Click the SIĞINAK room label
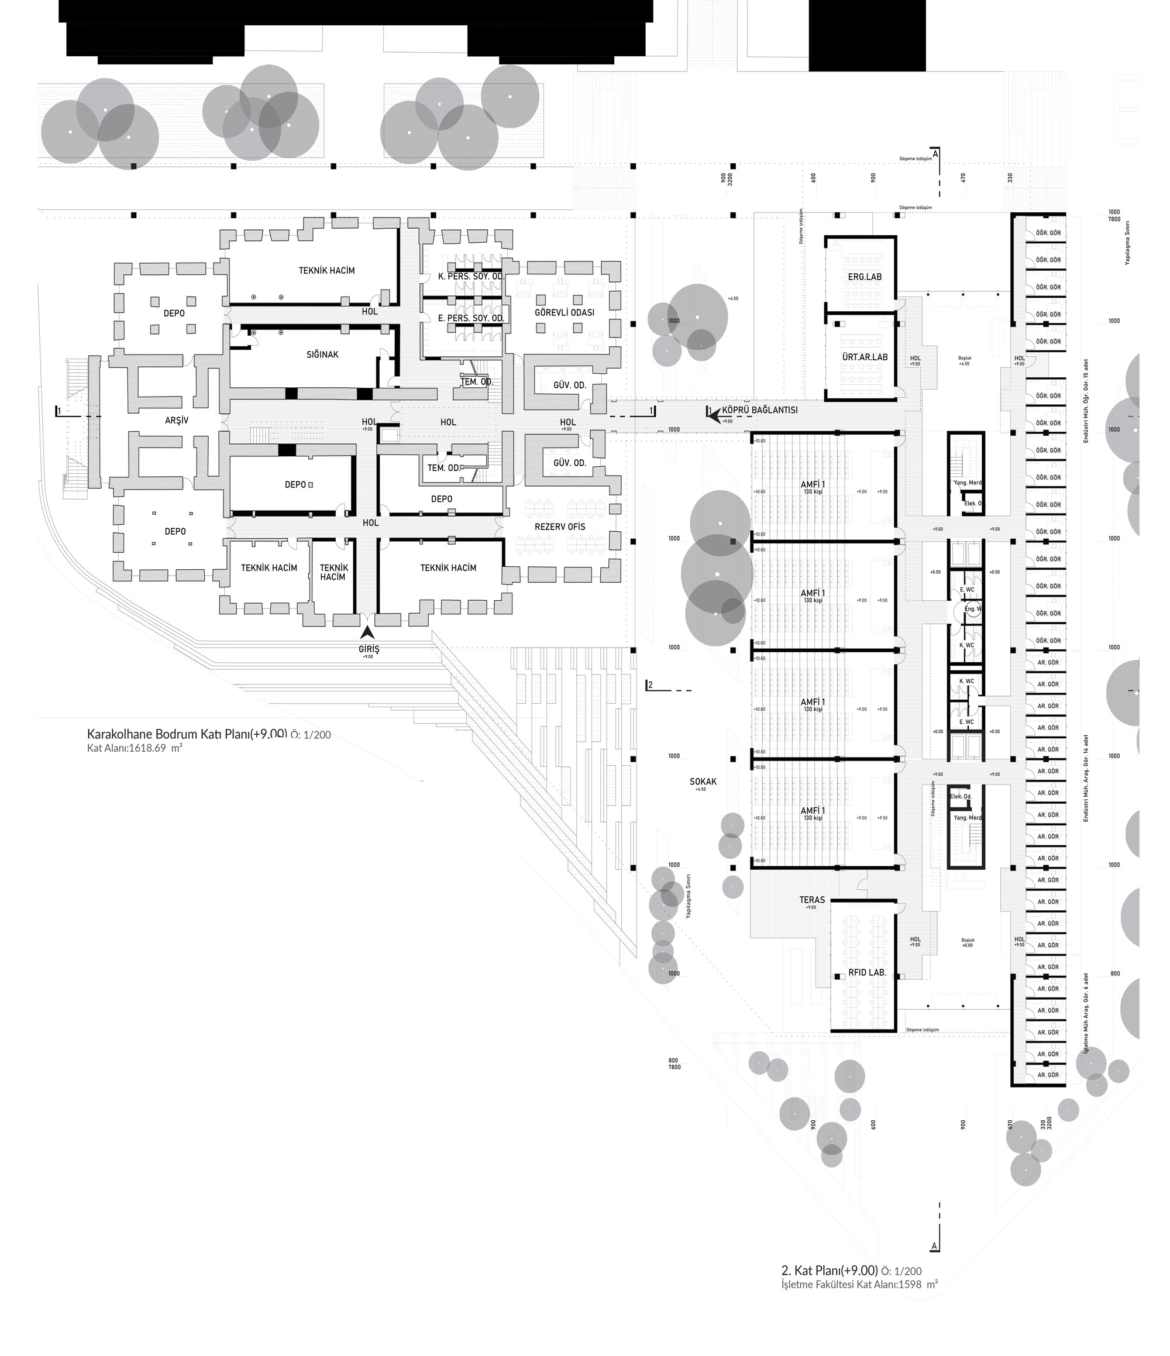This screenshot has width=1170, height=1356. click(322, 355)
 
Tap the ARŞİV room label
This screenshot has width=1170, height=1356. click(177, 421)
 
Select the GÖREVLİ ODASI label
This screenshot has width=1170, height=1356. click(564, 313)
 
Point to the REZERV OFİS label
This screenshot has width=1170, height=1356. click(559, 527)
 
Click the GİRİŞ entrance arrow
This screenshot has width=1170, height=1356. click(368, 633)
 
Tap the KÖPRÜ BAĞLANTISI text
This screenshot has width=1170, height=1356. click(760, 410)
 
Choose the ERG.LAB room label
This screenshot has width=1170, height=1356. click(865, 277)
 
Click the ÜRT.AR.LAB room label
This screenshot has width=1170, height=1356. click(865, 357)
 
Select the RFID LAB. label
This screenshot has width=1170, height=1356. click(867, 972)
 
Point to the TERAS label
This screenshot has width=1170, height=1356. click(812, 900)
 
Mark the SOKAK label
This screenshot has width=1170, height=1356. click(703, 782)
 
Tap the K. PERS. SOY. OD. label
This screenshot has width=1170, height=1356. click(471, 277)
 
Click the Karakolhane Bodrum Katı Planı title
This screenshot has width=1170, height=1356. click(187, 734)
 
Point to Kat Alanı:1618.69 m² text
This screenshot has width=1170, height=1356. click(134, 748)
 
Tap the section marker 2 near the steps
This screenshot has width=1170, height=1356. click(650, 685)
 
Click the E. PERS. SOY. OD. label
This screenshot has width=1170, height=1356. click(471, 319)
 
